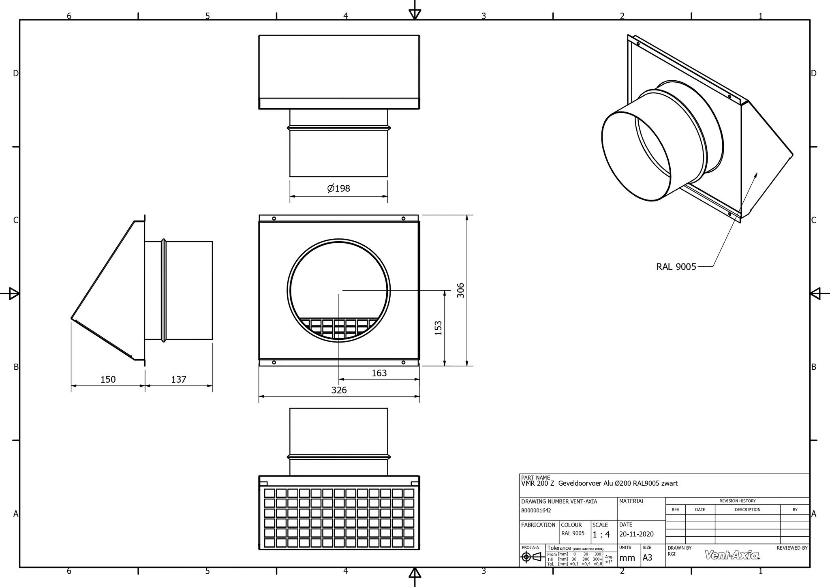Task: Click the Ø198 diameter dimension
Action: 338,188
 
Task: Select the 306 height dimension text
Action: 461,290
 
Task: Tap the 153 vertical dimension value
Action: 438,328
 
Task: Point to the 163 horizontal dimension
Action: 379,373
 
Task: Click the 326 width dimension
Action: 339,390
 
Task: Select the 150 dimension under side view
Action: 108,379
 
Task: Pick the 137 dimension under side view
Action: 178,379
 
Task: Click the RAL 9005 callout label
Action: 676,267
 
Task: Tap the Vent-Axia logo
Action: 732,555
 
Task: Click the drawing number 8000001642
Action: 536,511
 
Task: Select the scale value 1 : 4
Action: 601,535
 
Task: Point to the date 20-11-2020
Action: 636,534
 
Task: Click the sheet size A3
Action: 647,558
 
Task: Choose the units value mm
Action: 627,558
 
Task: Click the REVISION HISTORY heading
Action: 737,501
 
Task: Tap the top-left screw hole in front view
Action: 274,219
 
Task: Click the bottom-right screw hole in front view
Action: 403,362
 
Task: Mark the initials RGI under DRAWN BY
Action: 672,554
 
